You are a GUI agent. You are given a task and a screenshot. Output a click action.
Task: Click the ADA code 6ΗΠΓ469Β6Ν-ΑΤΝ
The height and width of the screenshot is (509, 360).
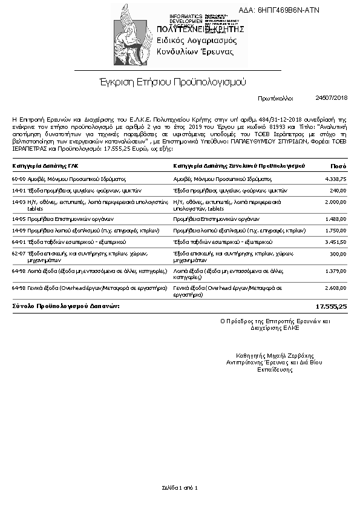(x=287, y=10)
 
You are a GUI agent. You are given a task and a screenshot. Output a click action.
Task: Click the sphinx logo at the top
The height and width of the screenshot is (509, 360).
(x=133, y=35)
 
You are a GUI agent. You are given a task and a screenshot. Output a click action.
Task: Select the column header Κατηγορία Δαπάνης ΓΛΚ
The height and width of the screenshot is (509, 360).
(x=45, y=165)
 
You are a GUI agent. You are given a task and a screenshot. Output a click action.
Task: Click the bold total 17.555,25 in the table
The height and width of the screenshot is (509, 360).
(x=332, y=307)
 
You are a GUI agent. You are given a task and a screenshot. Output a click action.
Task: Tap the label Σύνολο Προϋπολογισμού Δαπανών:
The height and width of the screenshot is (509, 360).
(x=66, y=306)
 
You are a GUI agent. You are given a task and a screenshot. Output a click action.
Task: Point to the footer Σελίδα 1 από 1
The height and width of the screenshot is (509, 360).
(x=180, y=487)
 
